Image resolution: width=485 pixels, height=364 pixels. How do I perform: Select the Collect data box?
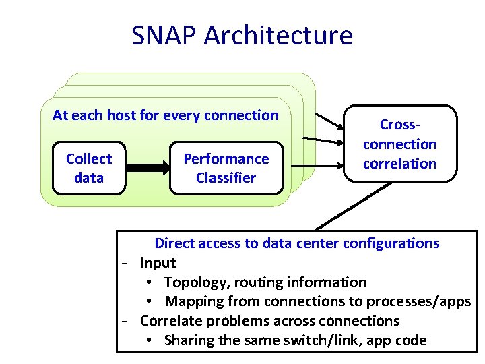[x=89, y=169]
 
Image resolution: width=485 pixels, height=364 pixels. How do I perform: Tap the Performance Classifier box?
[x=226, y=169]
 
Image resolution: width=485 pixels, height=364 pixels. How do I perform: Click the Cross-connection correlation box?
[x=399, y=144]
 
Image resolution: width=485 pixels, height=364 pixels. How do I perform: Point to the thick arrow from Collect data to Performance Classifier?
[x=146, y=169]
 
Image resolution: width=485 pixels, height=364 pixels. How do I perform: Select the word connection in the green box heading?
[x=244, y=115]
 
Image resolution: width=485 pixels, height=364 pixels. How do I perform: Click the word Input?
[x=158, y=263]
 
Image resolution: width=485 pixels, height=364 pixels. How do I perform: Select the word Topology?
[x=195, y=282]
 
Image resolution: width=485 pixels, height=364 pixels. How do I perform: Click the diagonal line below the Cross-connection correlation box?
[x=354, y=207]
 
